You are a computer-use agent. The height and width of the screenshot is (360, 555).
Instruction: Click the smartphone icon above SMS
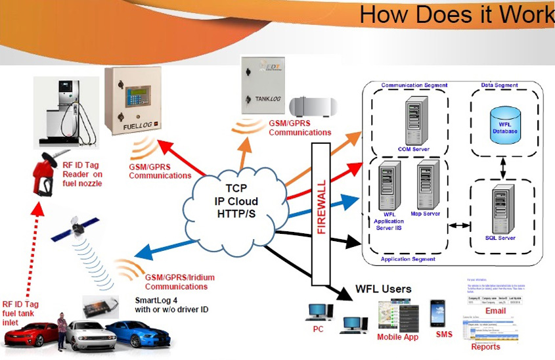click(439, 313)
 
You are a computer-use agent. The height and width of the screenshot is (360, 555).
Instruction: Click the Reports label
click(485, 347)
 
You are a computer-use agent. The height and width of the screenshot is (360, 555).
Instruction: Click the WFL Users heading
click(384, 289)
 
